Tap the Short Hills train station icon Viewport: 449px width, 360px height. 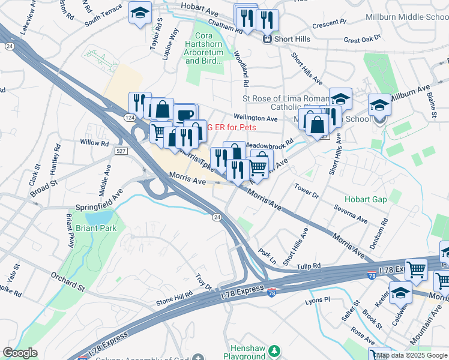[267, 39]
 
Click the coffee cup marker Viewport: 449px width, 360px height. [185, 113]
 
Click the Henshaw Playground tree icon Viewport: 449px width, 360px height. [274, 350]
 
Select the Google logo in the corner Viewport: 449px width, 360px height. [20, 353]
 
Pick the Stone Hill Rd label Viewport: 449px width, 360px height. [174, 295]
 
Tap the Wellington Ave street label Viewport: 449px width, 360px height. [255, 118]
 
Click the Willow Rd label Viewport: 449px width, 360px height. [94, 143]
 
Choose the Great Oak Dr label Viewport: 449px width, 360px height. [362, 40]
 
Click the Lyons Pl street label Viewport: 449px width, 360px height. [318, 299]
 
